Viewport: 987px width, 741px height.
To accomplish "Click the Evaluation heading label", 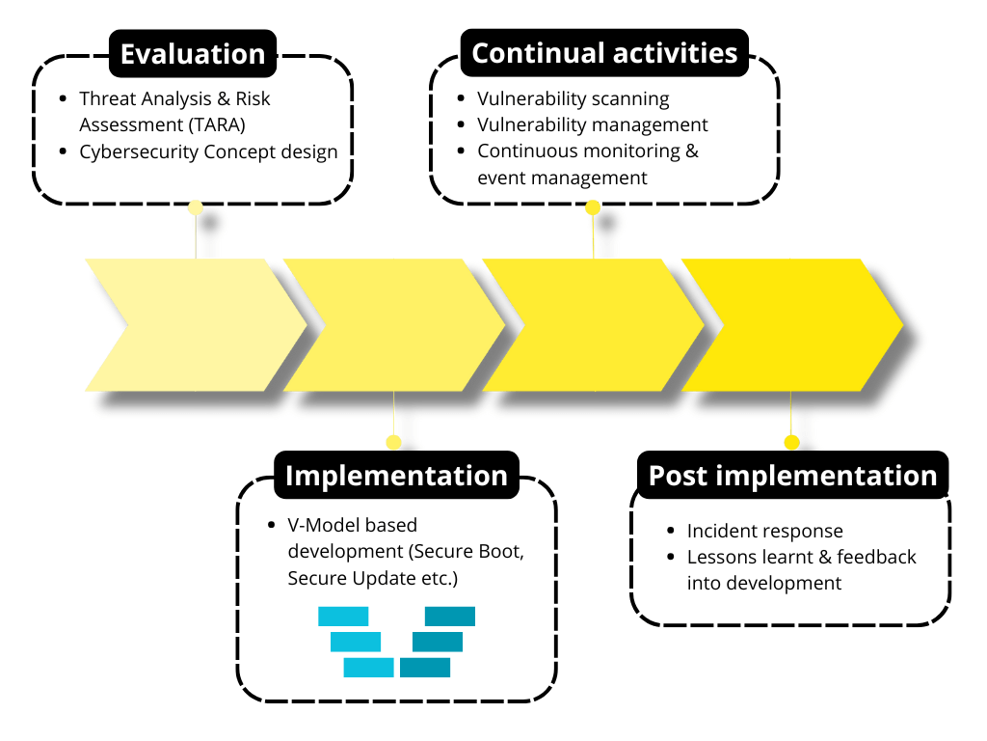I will click(x=193, y=53).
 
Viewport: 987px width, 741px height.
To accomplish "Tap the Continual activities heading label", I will click(x=604, y=53).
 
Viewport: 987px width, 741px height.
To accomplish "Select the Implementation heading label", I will click(x=396, y=476).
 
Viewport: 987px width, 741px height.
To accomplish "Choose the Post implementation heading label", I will click(x=792, y=476).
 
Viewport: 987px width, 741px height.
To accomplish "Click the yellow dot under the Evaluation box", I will click(x=196, y=206).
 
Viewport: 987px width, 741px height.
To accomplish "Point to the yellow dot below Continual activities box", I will click(x=593, y=206).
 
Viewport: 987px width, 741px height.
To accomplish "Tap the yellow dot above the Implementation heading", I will click(x=393, y=442).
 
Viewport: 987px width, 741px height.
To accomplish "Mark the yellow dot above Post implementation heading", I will click(x=791, y=442).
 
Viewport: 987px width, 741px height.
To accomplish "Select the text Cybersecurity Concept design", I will click(x=208, y=151).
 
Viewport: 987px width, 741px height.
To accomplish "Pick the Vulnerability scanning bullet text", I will click(x=573, y=98).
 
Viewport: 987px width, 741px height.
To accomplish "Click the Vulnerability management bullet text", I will click(x=592, y=124).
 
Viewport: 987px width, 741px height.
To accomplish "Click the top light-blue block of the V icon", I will click(x=343, y=616).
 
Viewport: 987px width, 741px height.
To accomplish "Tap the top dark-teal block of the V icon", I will click(x=450, y=616).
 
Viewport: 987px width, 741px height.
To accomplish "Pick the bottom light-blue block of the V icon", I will click(x=368, y=667).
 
